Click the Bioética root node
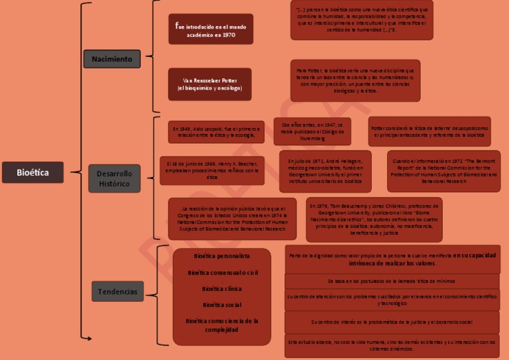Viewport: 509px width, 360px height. point(32,172)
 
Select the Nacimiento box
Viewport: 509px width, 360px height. point(111,59)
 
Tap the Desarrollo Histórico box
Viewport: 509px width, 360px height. point(115,178)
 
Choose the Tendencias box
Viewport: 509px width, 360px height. point(117,291)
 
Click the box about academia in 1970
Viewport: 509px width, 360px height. point(210,29)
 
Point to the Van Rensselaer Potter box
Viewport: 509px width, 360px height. point(209,84)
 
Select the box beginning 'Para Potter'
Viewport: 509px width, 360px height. point(355,80)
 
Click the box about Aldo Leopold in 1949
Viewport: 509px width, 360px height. point(216,131)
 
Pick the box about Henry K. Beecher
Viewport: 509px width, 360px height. point(212,170)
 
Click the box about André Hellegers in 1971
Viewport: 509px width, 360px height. point(325,170)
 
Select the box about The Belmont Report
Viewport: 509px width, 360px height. point(443,171)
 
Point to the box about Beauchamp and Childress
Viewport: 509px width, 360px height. point(374,219)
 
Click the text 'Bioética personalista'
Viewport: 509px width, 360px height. point(222,255)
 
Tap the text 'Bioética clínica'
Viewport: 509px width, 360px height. point(222,288)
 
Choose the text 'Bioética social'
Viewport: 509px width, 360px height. point(222,305)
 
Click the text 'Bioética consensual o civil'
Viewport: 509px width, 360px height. point(222,272)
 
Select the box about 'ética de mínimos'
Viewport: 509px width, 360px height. point(392,281)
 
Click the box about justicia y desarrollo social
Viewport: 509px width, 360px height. point(392,322)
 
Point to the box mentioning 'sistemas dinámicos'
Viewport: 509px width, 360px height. point(392,345)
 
